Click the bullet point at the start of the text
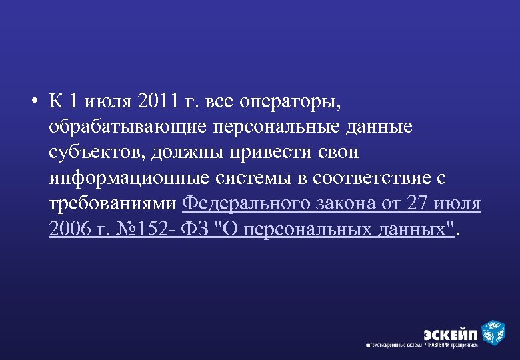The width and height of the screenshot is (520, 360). coord(33,102)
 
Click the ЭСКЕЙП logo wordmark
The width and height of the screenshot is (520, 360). coord(451,333)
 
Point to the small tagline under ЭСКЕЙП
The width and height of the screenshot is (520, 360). coord(422,346)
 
